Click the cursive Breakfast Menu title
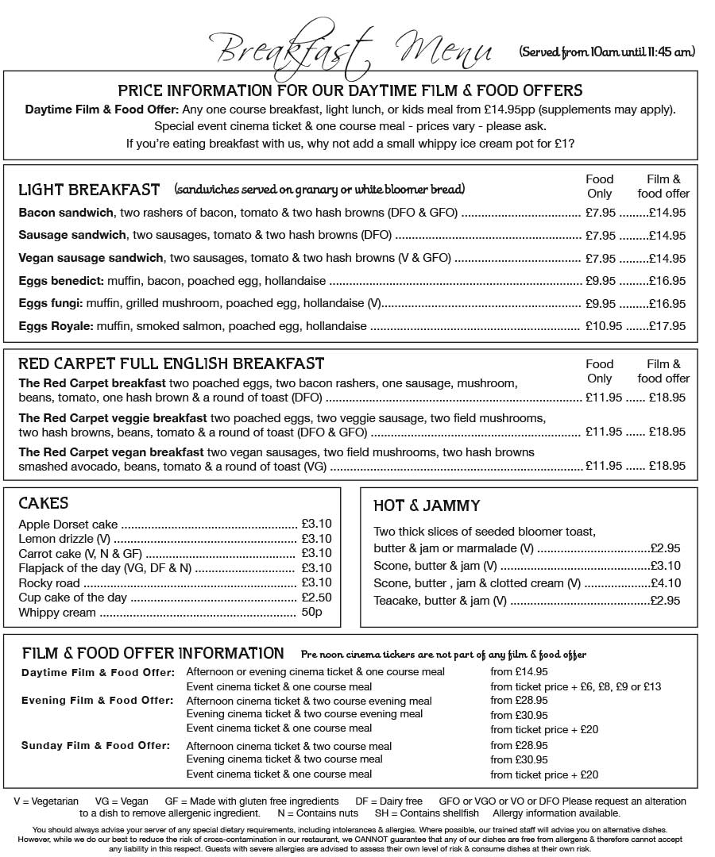(x=354, y=49)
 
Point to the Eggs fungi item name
(x=51, y=303)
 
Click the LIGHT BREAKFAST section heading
(x=89, y=190)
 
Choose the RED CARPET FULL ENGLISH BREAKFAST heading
(x=171, y=364)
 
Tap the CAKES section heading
(x=43, y=503)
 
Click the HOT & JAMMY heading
(x=427, y=505)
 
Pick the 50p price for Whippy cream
(x=311, y=613)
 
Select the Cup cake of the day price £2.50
(x=316, y=598)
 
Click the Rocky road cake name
(x=49, y=583)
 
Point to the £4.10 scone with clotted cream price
(x=665, y=583)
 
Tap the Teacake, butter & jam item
(x=440, y=601)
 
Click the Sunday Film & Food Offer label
(x=95, y=746)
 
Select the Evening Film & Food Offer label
(x=97, y=701)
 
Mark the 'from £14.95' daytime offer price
(x=519, y=672)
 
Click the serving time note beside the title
(x=607, y=52)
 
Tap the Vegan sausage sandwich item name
(x=91, y=258)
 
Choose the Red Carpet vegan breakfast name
(x=111, y=452)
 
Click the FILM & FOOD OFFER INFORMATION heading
(x=153, y=653)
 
